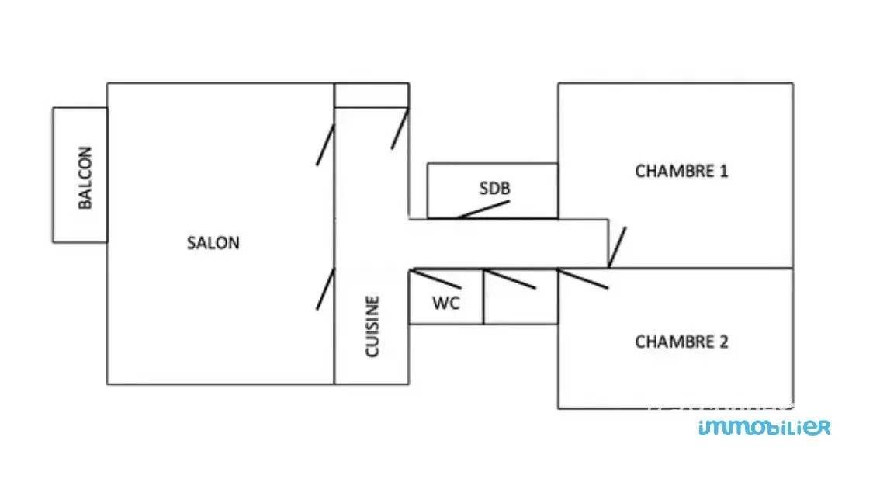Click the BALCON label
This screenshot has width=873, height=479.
(85, 178)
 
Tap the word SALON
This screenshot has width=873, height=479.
(213, 243)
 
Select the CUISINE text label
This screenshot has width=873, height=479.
(372, 326)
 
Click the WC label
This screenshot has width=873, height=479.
(445, 304)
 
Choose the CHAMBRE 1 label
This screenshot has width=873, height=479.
(681, 172)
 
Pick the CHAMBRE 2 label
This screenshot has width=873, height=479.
(681, 342)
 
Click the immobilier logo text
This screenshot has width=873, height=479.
(764, 427)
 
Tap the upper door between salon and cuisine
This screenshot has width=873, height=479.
(325, 144)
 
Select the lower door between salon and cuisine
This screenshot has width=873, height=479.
(325, 289)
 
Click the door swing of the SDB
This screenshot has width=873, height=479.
(483, 210)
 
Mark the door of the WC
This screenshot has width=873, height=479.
(437, 278)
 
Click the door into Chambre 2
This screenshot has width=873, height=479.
(583, 278)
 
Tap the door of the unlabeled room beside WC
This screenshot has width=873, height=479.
(510, 278)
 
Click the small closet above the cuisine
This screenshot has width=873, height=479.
(371, 95)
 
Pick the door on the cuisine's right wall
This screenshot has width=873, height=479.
(400, 129)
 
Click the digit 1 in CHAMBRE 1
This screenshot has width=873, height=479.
(723, 172)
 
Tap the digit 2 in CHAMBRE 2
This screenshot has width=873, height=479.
(723, 342)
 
